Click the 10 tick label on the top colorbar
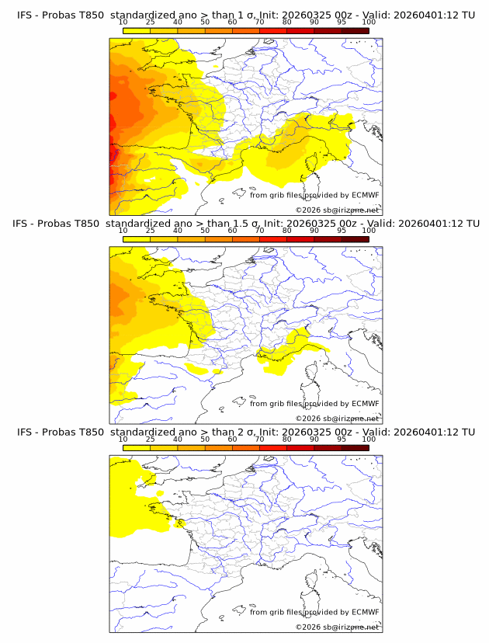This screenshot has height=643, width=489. tap(123, 22)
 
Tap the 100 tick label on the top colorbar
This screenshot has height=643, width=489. tap(369, 22)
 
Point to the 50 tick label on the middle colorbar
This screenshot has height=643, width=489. tap(205, 231)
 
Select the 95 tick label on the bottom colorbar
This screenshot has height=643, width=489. tap(342, 440)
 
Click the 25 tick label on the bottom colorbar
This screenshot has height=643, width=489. tap(150, 440)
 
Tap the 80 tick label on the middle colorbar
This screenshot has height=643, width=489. tap(287, 231)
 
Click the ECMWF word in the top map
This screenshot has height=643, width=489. tap(366, 194)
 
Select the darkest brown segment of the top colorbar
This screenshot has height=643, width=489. tap(355, 30)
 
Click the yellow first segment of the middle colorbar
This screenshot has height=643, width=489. tap(137, 238)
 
